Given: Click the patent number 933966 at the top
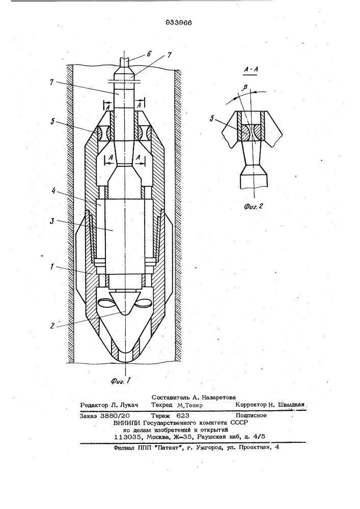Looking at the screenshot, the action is tap(179, 22).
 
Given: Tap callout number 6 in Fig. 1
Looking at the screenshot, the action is tap(149, 53).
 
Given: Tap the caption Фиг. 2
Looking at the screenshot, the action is tap(254, 206).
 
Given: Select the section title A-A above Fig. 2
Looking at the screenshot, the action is tap(251, 70).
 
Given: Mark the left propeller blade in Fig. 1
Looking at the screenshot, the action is tap(106, 304).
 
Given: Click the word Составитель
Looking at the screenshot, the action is tap(170, 397).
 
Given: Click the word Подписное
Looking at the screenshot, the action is tap(251, 415).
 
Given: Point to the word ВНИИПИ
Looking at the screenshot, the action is tap(127, 422).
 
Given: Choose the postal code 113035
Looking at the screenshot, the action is tap(128, 437).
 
